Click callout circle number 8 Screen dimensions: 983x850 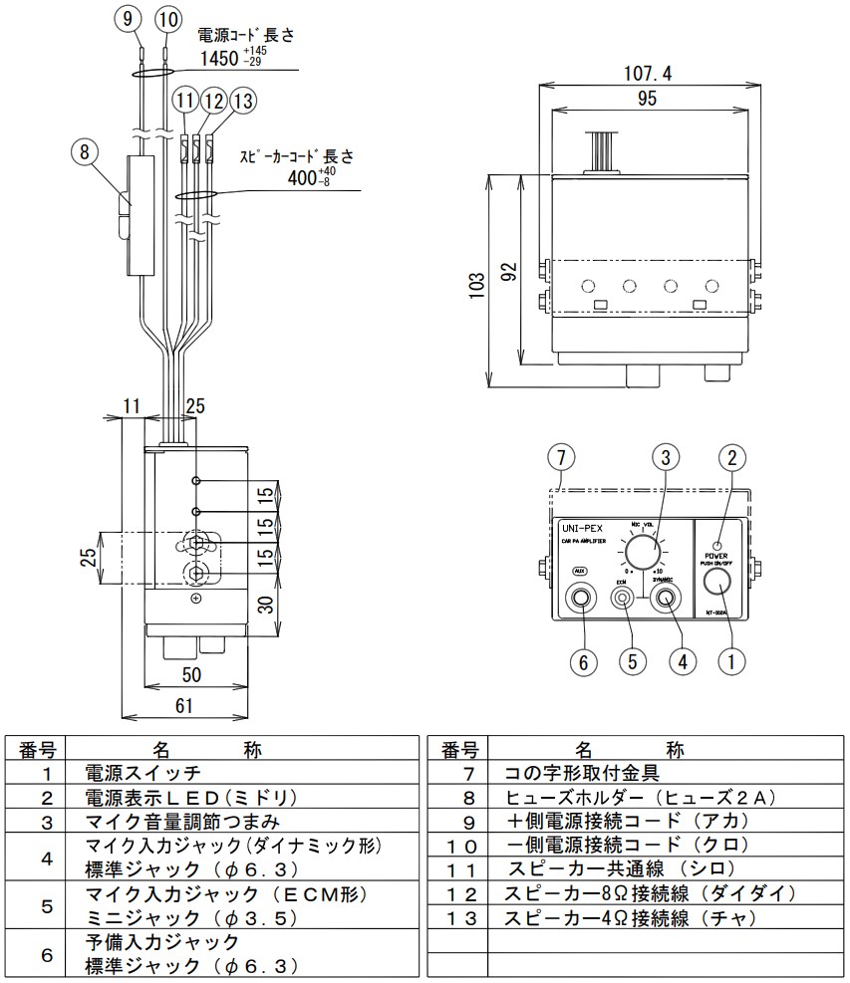[x=86, y=152]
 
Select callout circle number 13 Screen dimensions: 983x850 [x=242, y=101]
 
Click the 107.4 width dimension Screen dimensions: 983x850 [x=647, y=73]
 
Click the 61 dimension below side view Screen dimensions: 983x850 [x=183, y=706]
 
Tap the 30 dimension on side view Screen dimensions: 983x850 [x=264, y=605]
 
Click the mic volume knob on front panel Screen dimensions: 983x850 [x=642, y=551]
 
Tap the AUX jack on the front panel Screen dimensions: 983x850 [x=581, y=599]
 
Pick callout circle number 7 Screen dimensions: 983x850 [x=562, y=458]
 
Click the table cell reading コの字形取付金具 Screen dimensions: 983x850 [x=583, y=772]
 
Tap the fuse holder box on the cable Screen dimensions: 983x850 [x=141, y=214]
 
